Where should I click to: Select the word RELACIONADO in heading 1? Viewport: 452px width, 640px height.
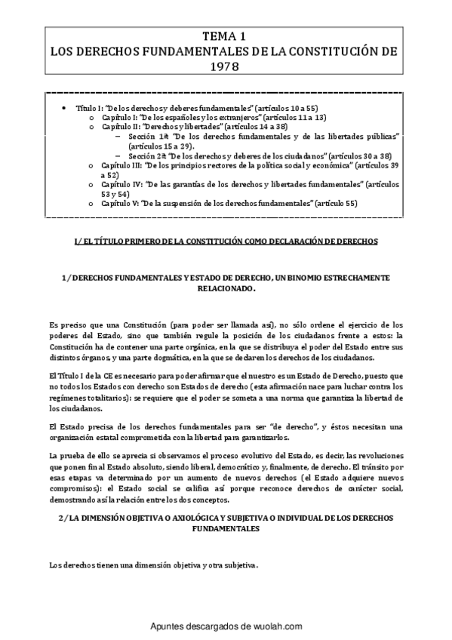click(x=223, y=288)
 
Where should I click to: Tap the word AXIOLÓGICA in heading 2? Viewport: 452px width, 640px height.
click(x=161, y=519)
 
